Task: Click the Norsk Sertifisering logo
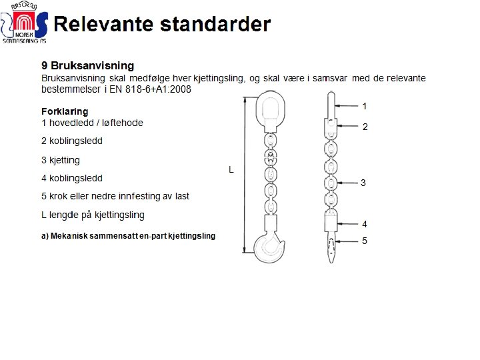pos(24,25)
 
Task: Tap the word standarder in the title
pos(213,25)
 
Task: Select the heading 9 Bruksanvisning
pos(87,65)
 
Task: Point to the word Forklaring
pos(65,111)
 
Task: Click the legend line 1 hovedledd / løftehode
pos(92,123)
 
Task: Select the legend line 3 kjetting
pos(61,160)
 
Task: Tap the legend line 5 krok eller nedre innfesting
pos(115,196)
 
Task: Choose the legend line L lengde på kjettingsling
pos(93,215)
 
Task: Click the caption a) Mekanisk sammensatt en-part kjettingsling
pos(128,236)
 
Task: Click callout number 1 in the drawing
pos(365,106)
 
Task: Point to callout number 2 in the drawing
pos(365,126)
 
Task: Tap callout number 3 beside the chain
pos(363,183)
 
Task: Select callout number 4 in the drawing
pos(365,224)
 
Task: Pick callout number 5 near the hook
pos(365,241)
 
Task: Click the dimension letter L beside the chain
pos(231,170)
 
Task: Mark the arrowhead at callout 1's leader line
pos(337,106)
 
